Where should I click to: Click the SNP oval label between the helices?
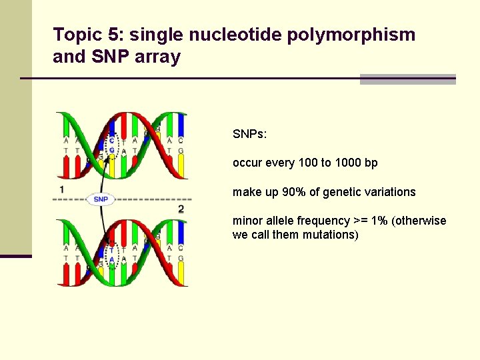[x=101, y=199]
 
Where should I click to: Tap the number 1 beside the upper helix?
[x=61, y=190]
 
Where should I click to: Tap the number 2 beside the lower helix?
[x=181, y=209]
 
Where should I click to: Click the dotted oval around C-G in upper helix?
[x=111, y=147]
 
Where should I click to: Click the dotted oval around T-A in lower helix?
[x=111, y=255]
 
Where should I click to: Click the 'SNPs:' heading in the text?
[x=250, y=134]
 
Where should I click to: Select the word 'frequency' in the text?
[x=324, y=221]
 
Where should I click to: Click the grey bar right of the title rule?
[x=407, y=79]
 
